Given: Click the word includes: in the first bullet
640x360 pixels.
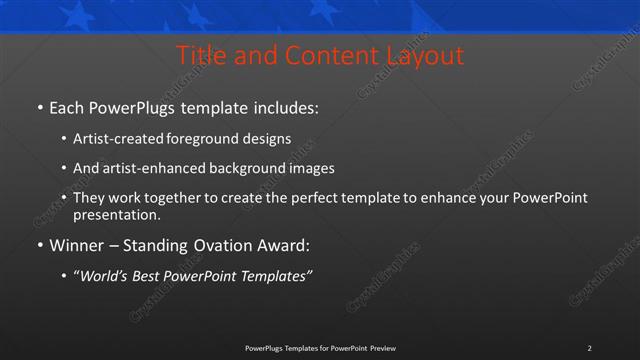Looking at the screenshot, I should click(x=282, y=106).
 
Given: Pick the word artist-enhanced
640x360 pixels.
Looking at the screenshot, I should click(x=153, y=168).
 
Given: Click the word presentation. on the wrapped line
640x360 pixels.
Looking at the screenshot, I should click(x=116, y=214).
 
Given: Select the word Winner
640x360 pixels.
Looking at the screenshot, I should click(x=76, y=246).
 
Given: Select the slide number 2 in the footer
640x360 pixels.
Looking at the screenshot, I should click(x=589, y=348).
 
